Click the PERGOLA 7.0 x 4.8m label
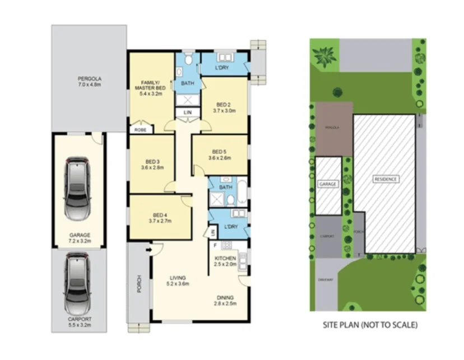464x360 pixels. coord(90,82)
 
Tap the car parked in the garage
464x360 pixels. coord(78,189)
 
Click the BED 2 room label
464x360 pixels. coord(224,107)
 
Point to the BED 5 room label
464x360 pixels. coord(220,155)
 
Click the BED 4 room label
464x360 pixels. coord(160,218)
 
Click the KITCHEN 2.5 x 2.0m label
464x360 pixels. coord(225,261)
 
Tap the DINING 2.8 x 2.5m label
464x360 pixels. coord(225,300)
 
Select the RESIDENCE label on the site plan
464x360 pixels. coord(386,179)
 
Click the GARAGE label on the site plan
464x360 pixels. coord(327,184)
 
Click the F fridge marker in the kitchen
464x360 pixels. coord(215,245)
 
